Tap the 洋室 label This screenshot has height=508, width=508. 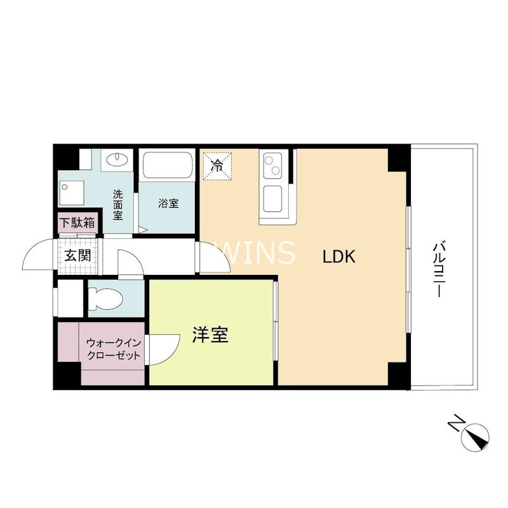[211, 335]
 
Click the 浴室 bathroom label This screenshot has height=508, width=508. [168, 204]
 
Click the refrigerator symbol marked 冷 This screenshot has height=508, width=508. [217, 166]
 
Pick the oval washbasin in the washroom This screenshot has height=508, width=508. [116, 159]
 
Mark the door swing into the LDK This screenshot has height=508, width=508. [213, 257]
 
